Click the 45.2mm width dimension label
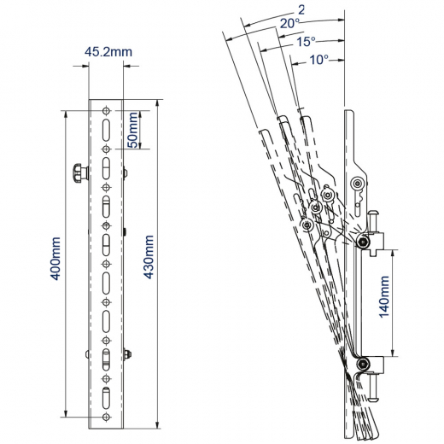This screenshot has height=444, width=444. coord(108,52)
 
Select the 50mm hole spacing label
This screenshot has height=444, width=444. coord(132,130)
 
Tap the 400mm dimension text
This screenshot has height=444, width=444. coord(55,259)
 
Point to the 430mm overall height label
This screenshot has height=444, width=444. coord(149,257)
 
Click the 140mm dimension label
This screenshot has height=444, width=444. coord(384,296)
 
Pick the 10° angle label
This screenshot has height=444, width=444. coord(318,60)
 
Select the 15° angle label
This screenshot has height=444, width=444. coord(306,42)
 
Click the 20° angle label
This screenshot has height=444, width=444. coord(289,24)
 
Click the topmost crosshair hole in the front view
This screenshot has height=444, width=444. coord(106,111)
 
